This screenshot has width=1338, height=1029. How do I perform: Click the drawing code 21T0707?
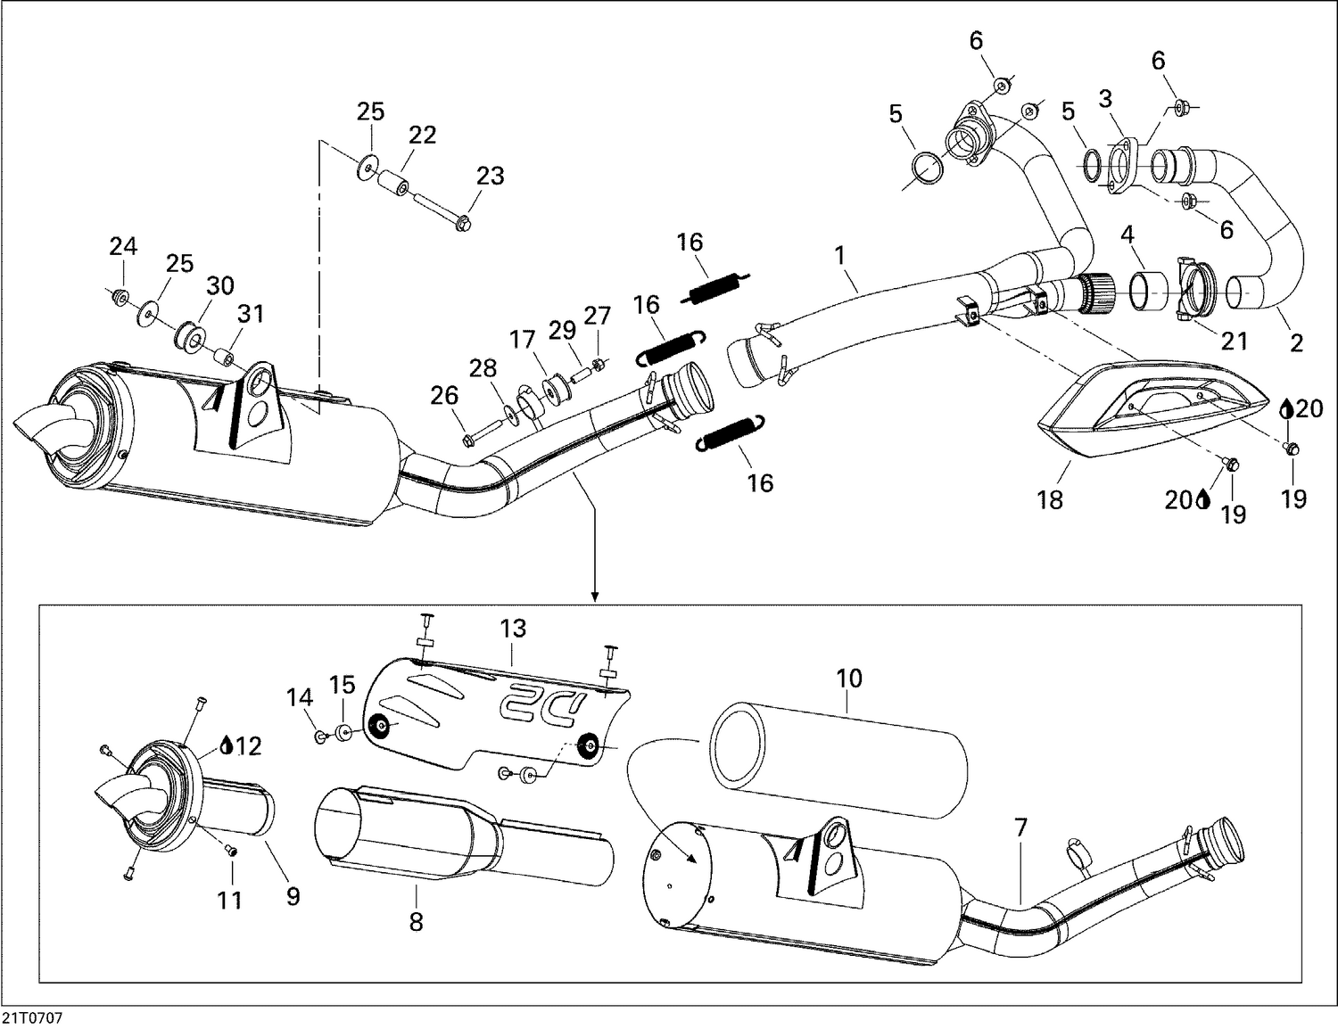click(x=33, y=1017)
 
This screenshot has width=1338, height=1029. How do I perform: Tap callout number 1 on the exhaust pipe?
click(x=839, y=256)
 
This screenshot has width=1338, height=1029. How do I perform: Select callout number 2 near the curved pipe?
click(x=1296, y=342)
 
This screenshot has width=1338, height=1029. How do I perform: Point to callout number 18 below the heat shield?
click(x=1050, y=500)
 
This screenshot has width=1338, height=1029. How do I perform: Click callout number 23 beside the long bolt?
click(x=490, y=176)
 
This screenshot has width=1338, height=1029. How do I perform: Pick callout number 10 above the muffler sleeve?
click(x=849, y=679)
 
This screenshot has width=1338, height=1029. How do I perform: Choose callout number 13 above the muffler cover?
click(x=513, y=629)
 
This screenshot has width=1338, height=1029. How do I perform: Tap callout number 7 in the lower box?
click(x=1020, y=828)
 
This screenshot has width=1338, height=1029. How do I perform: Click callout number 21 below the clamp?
click(x=1235, y=341)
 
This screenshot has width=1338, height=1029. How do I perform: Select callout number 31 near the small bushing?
click(x=251, y=314)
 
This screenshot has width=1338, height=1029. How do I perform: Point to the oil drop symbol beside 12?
click(x=227, y=745)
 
